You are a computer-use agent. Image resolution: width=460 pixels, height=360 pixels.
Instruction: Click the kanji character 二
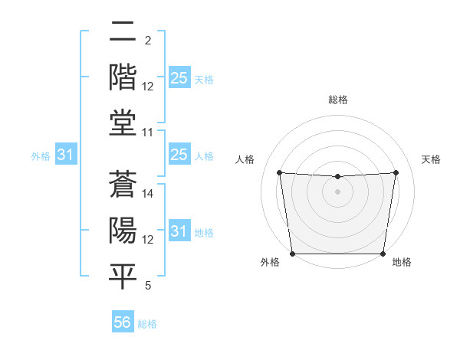click(123, 33)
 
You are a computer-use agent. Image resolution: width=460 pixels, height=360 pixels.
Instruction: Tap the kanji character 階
click(123, 77)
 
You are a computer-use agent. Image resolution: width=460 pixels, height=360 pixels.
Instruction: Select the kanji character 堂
click(123, 123)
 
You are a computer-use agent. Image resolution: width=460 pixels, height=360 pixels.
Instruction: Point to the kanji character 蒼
click(123, 185)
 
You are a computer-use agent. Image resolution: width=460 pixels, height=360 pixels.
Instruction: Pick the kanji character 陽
click(123, 230)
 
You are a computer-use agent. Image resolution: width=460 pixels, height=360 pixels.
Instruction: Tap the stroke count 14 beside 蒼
click(149, 195)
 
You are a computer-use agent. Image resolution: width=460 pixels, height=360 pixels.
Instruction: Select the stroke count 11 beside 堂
click(149, 133)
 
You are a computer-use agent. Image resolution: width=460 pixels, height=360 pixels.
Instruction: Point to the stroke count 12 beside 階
click(149, 87)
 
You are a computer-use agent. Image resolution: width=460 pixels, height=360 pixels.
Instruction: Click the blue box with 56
click(123, 323)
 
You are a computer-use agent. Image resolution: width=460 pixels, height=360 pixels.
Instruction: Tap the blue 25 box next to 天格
click(179, 78)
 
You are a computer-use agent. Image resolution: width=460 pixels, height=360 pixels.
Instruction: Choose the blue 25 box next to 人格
click(179, 155)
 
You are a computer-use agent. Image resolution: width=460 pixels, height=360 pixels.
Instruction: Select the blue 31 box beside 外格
click(66, 155)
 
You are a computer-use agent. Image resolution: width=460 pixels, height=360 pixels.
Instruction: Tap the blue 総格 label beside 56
click(147, 324)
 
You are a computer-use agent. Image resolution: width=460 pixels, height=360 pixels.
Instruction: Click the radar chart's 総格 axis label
click(338, 100)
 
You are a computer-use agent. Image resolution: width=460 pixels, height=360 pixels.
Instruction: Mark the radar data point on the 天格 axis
click(396, 172)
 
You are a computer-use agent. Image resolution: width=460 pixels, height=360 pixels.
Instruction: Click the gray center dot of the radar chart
click(338, 191)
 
